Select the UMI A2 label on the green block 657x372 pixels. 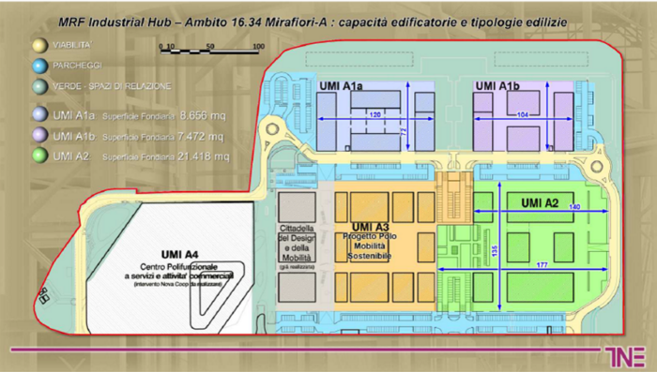(x=539, y=202)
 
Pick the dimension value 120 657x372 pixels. (x=374, y=114)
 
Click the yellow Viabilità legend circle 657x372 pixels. (x=38, y=44)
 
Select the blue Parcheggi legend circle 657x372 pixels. (x=38, y=66)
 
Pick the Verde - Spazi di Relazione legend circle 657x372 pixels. (x=38, y=87)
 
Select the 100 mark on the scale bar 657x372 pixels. (x=258, y=45)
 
